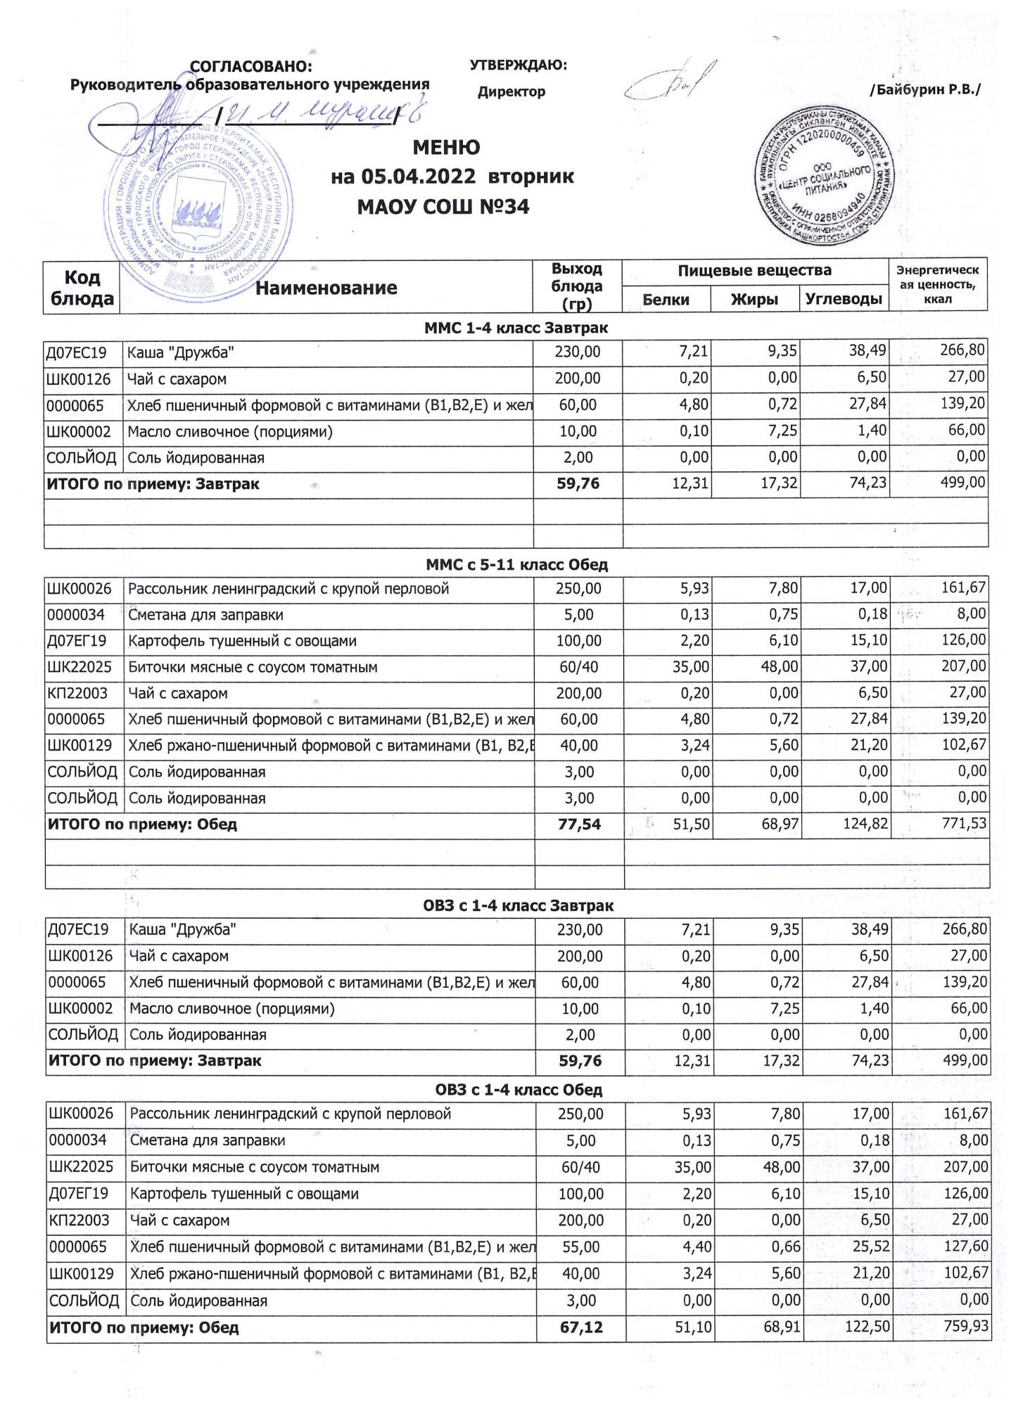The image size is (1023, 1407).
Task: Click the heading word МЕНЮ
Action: click(x=446, y=148)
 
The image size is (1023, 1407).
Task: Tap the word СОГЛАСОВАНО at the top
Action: click(x=250, y=67)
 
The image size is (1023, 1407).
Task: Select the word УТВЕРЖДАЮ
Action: click(x=518, y=65)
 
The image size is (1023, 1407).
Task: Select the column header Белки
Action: click(x=666, y=300)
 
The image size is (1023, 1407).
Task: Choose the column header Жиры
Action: click(x=754, y=300)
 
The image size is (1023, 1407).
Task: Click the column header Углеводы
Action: click(x=844, y=300)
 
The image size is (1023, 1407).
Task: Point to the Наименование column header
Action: click(x=326, y=288)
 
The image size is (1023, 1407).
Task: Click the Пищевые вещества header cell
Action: click(x=754, y=270)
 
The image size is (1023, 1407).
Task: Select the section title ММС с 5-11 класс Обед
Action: click(x=516, y=564)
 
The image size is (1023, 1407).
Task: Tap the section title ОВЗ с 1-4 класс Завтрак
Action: click(x=518, y=905)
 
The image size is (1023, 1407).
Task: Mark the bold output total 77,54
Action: click(x=579, y=824)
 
